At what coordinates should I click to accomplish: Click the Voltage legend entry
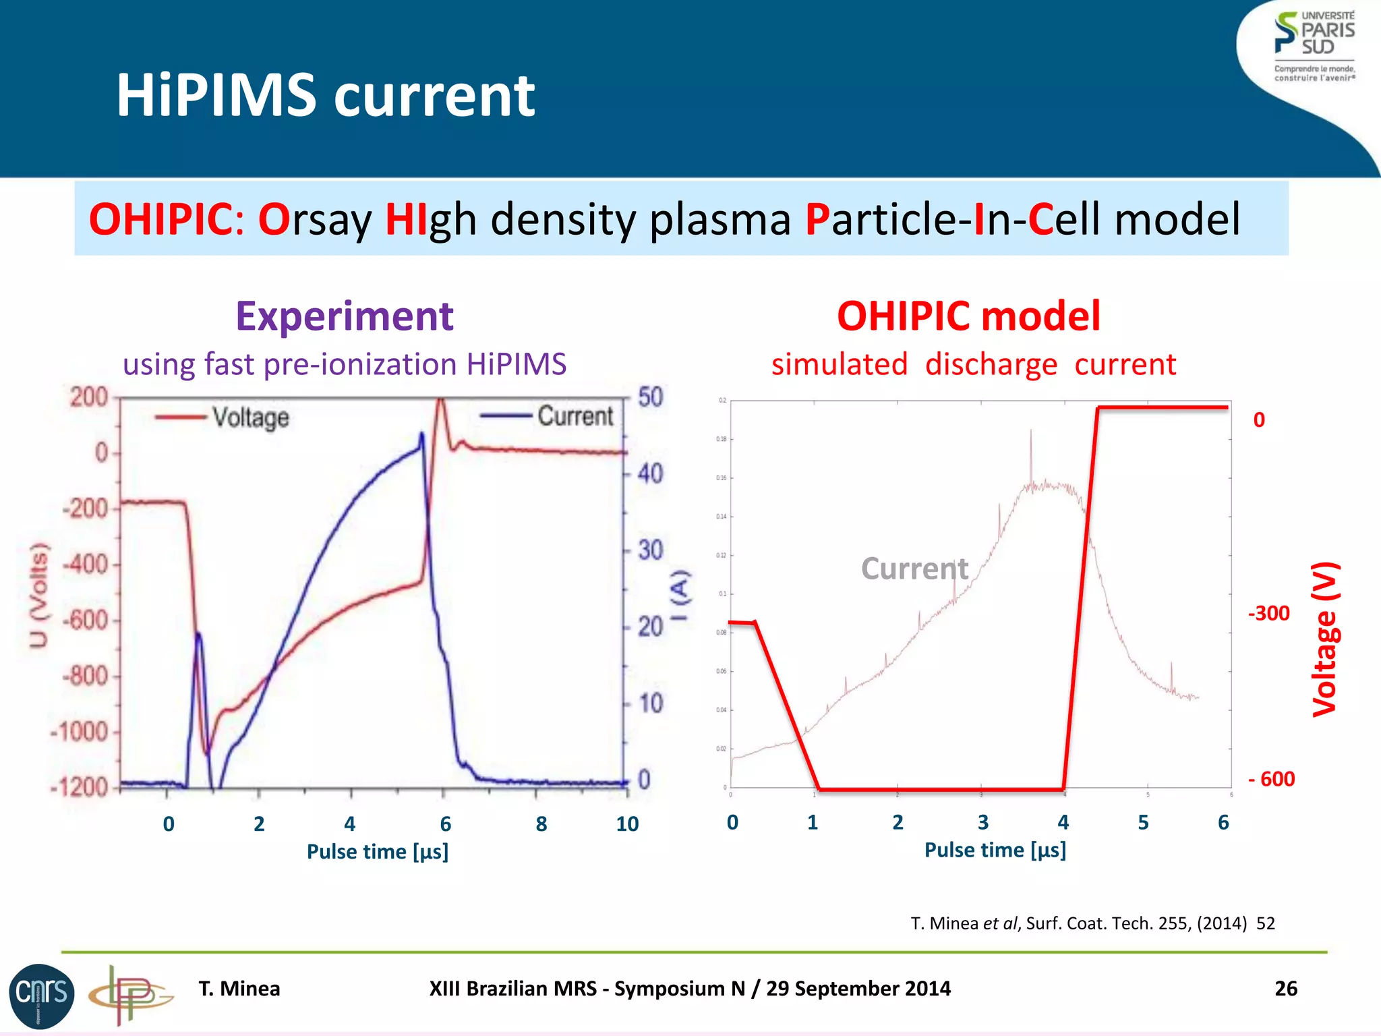pyautogui.click(x=250, y=418)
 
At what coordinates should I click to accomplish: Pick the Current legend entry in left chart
pyautogui.click(x=575, y=416)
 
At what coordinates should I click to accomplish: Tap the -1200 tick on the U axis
pyautogui.click(x=80, y=787)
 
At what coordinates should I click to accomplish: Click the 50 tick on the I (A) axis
pyautogui.click(x=651, y=397)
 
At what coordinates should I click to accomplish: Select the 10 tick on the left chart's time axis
pyautogui.click(x=626, y=824)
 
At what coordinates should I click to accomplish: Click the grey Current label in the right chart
pyautogui.click(x=914, y=569)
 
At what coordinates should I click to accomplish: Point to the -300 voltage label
pyautogui.click(x=1268, y=613)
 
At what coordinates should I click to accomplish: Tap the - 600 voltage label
pyautogui.click(x=1271, y=779)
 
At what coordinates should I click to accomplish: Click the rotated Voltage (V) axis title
pyautogui.click(x=1324, y=639)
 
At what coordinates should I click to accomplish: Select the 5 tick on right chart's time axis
pyautogui.click(x=1143, y=823)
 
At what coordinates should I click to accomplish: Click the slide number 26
pyautogui.click(x=1285, y=988)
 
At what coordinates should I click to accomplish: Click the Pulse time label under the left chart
pyautogui.click(x=377, y=852)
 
